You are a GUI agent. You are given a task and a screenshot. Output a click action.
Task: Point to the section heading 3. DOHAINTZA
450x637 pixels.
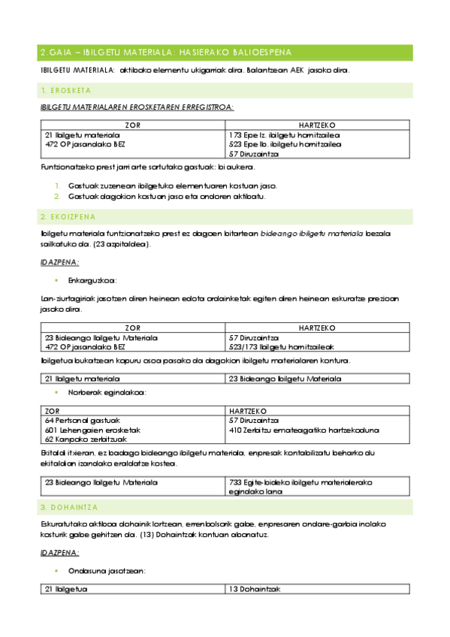pos(71,507)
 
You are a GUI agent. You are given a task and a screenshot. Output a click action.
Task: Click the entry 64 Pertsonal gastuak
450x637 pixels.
pos(83,421)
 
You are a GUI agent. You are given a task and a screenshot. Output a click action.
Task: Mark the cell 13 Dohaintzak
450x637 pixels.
pos(255,589)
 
